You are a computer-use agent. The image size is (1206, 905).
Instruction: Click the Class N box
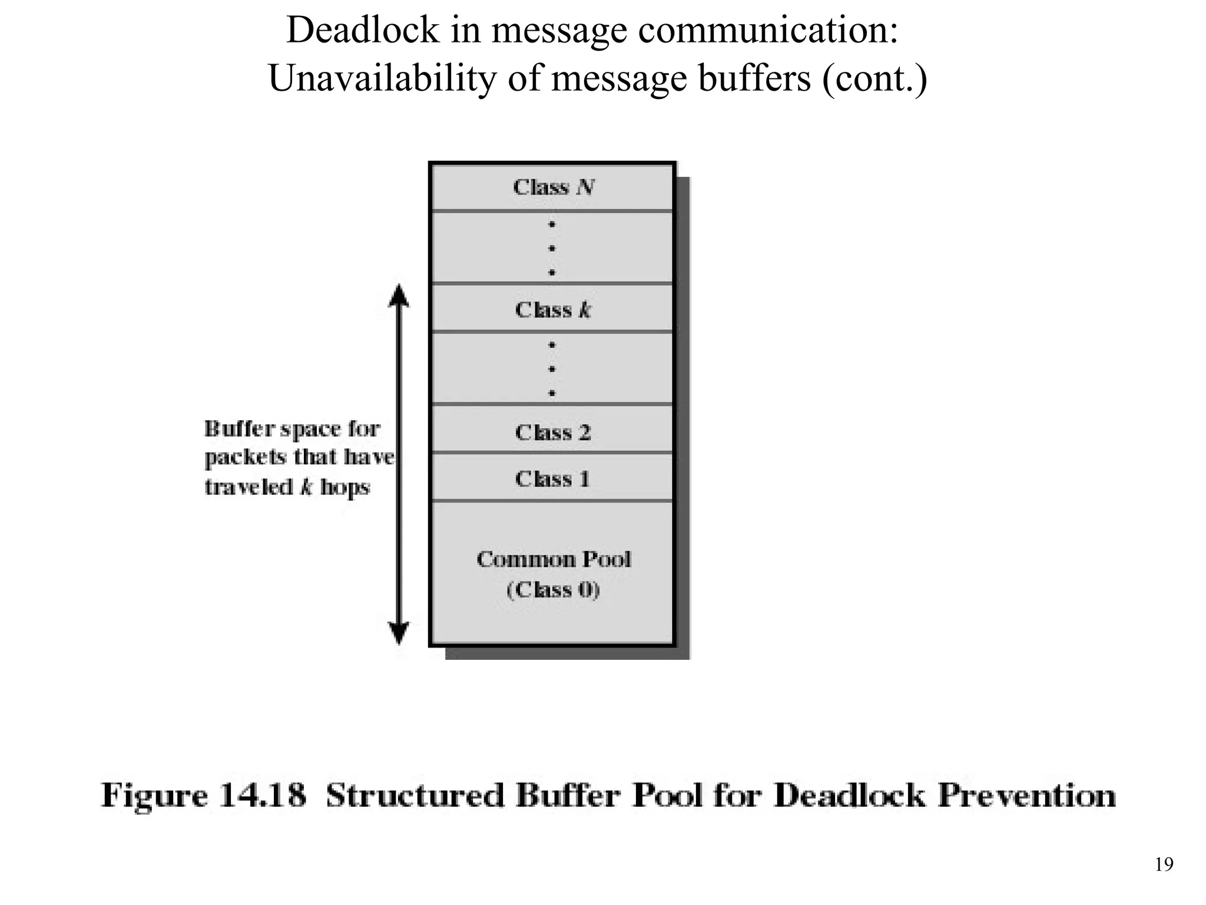(x=552, y=187)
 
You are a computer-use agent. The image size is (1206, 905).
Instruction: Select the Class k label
(x=552, y=309)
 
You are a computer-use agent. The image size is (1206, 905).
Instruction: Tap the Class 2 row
(x=552, y=432)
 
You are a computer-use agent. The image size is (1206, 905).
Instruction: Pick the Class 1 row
(x=552, y=478)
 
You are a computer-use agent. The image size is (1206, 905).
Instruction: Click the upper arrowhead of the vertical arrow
(x=399, y=295)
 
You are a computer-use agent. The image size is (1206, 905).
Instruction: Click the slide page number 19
(x=1164, y=864)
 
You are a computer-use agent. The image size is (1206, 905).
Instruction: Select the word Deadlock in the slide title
(x=363, y=30)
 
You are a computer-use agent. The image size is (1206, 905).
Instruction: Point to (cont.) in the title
(x=874, y=78)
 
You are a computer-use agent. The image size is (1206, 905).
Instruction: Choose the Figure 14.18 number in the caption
(x=263, y=795)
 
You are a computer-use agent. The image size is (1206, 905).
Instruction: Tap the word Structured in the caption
(x=415, y=795)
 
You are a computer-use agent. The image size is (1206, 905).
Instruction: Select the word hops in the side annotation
(x=345, y=487)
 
